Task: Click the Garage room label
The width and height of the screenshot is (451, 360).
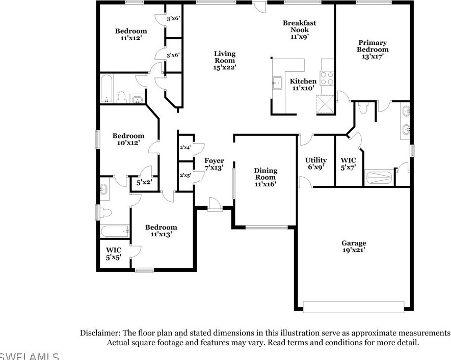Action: [354, 246]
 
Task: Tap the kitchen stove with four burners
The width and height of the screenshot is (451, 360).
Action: [327, 78]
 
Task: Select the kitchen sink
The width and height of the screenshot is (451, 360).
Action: [278, 83]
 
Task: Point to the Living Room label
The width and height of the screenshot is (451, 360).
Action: [225, 60]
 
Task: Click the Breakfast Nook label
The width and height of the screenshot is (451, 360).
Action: [300, 30]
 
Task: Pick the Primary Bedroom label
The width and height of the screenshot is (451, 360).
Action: [373, 49]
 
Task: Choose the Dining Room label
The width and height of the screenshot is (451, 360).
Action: [266, 177]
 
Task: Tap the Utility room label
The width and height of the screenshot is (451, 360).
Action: [316, 163]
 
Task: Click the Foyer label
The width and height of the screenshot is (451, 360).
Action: [214, 164]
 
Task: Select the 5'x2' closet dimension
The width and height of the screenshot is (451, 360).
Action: [144, 182]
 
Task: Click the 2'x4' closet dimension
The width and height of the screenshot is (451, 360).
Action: [185, 147]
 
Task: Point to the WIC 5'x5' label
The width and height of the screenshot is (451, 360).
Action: [114, 254]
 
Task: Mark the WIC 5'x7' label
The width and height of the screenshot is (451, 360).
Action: [349, 164]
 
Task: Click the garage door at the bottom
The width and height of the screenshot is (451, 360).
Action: [354, 307]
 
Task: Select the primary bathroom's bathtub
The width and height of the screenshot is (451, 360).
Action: [379, 178]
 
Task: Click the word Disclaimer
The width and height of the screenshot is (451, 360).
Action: [100, 333]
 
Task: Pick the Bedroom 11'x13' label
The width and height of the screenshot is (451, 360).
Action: [161, 231]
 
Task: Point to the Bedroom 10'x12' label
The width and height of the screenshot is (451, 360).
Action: [128, 139]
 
